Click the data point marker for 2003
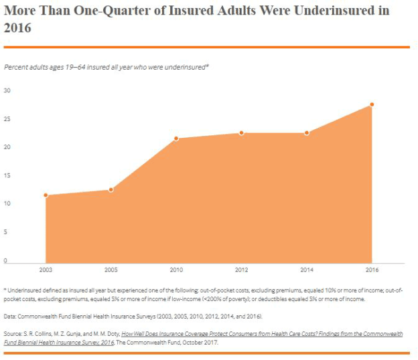coord(46,195)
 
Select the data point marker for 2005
coord(111,190)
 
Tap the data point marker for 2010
coord(176,139)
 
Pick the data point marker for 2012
coord(242,133)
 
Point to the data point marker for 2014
coord(307,133)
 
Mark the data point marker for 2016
coord(372,104)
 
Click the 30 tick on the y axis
coord(7,90)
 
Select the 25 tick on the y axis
coord(7,118)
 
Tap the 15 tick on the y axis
coord(7,175)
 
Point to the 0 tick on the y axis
coord(5,260)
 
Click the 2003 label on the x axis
coord(46,270)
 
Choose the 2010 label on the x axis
coord(176,270)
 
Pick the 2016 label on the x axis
coord(372,270)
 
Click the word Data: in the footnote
coord(11,315)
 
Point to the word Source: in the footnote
coord(14,333)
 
